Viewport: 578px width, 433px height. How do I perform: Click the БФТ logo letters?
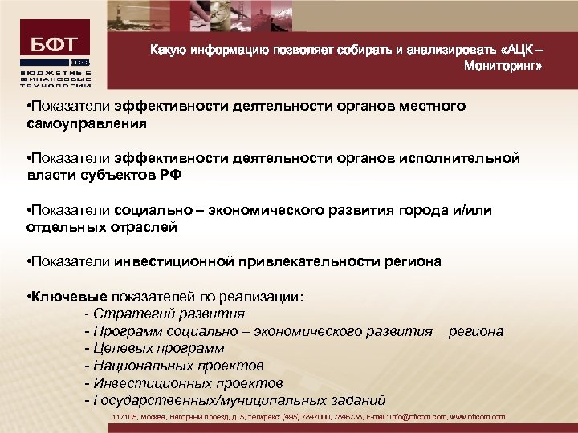[55, 46]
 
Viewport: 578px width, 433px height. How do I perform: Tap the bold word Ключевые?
[69, 297]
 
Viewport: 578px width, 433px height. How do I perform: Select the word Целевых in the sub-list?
[123, 349]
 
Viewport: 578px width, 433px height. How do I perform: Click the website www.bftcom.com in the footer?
[478, 417]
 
